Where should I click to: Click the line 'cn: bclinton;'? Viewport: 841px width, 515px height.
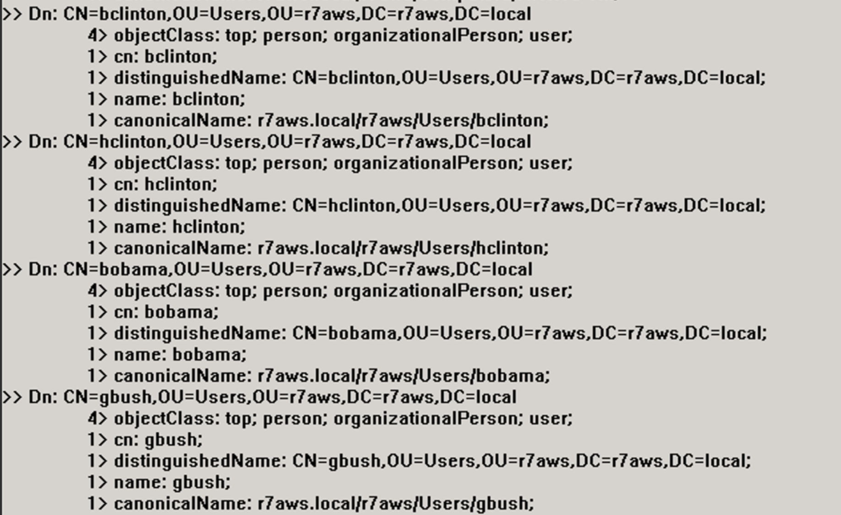[x=165, y=57]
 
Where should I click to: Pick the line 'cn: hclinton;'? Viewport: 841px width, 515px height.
[x=165, y=184]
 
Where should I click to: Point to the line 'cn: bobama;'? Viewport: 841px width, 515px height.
[x=166, y=312]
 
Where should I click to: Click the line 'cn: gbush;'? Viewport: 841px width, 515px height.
[x=158, y=440]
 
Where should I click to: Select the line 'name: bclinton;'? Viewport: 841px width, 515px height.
[x=180, y=99]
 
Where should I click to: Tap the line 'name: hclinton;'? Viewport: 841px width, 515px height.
[x=180, y=227]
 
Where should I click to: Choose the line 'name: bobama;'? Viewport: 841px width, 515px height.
[x=180, y=355]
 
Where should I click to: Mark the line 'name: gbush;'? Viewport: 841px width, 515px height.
[x=172, y=482]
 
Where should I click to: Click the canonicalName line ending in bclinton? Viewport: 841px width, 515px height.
[x=331, y=121]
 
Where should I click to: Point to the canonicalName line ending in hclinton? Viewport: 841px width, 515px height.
[x=331, y=248]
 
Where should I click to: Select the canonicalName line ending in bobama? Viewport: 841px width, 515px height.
[x=332, y=376]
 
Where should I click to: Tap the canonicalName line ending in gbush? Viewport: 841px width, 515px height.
[x=324, y=504]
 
